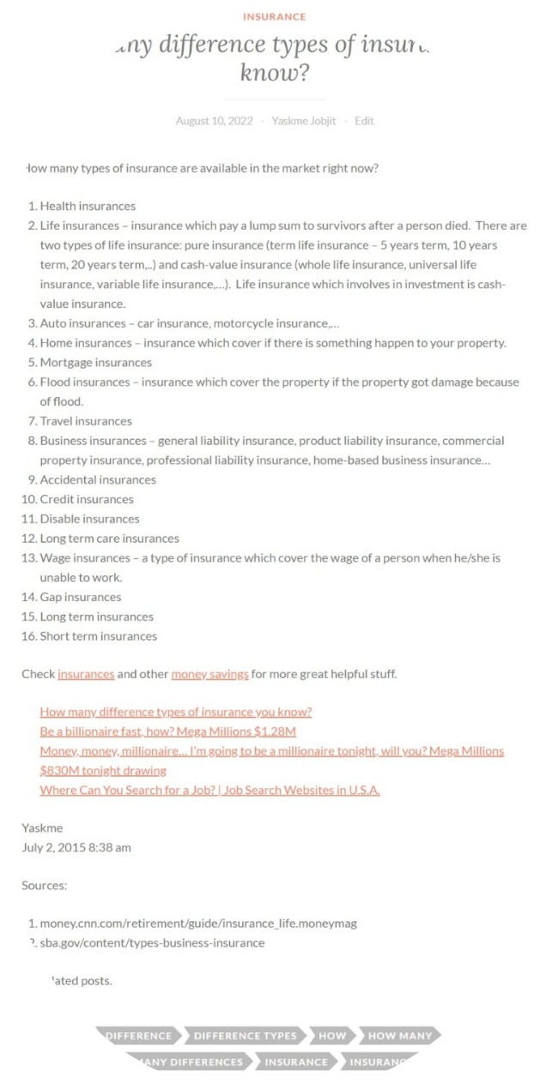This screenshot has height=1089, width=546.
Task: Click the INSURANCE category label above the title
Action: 274,16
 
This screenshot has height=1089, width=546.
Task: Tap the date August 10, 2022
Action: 214,121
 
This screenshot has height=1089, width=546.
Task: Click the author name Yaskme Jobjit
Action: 304,121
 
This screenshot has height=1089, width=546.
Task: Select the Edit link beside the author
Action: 364,121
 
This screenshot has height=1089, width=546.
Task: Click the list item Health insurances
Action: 88,206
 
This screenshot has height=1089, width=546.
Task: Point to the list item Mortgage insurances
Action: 95,362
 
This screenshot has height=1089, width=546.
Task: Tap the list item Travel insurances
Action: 86,421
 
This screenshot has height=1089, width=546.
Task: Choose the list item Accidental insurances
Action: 98,479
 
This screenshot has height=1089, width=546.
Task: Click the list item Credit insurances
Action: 87,499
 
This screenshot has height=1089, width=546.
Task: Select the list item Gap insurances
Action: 81,597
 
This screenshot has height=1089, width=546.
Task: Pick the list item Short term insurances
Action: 99,636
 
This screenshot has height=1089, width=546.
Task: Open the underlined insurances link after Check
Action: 86,674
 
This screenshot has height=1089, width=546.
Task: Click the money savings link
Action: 209,674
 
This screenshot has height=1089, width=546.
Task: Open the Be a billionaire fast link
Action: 167,731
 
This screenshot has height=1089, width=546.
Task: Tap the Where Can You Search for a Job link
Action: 209,790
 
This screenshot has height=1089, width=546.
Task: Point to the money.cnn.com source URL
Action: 198,924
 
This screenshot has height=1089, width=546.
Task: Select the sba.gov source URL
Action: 152,942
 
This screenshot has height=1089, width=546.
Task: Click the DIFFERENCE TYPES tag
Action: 245,1036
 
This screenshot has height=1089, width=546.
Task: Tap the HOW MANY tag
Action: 399,1036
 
